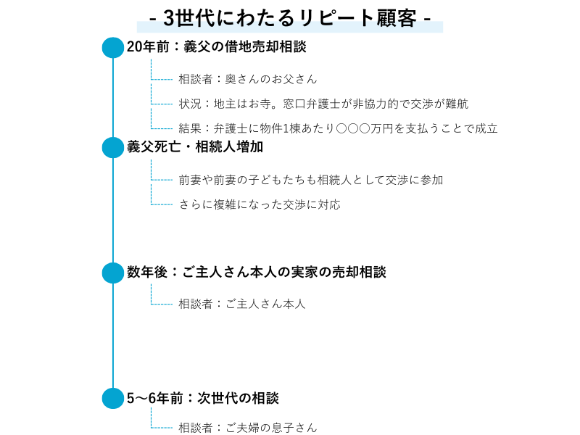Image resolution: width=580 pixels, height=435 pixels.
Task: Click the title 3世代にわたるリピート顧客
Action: coord(290,17)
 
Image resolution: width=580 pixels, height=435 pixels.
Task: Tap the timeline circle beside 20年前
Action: coord(113,47)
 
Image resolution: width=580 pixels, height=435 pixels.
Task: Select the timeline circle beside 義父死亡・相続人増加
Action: coord(113,147)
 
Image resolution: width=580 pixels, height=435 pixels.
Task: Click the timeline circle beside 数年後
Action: coord(113,273)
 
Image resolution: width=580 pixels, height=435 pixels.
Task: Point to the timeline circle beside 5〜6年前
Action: coord(113,398)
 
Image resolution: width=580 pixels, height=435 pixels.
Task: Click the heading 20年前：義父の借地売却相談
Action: coord(216,47)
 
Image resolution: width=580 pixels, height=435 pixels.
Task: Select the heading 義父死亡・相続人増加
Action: coord(194,147)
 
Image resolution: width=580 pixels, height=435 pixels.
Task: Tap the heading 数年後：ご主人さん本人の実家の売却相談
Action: coord(256,273)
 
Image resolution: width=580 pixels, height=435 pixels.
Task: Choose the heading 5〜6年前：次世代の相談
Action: coord(202,398)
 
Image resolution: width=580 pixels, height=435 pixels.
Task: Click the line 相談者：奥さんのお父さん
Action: coord(247,79)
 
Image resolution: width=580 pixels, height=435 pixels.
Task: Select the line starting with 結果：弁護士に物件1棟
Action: coord(338,129)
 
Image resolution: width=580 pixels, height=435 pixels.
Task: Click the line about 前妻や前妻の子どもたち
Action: coord(310,180)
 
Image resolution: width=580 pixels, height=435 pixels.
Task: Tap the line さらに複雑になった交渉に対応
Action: coord(260,204)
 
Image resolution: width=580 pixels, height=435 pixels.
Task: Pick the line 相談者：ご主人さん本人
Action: coord(242,304)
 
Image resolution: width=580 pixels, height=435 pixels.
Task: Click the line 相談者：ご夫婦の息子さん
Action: coord(247,428)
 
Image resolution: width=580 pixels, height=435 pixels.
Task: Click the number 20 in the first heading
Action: coord(134,47)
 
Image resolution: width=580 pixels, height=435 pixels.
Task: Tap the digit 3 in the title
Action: coord(170,17)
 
